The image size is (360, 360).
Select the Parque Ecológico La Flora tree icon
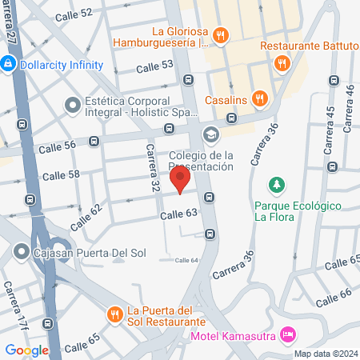[x=277, y=186]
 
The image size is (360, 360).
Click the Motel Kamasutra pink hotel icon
[x=290, y=334]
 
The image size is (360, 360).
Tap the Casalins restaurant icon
[x=259, y=98]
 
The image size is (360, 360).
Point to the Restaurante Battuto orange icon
[x=281, y=62]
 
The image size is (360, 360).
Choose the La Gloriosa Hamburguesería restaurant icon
[x=222, y=34]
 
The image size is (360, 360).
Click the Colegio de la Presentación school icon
[x=211, y=134]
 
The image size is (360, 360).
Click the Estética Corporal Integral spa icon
[x=73, y=104]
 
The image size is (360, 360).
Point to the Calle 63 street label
[x=178, y=214]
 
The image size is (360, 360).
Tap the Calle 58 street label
[x=61, y=174]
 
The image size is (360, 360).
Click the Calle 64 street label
[x=186, y=260]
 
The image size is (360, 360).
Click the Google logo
[x=26, y=350]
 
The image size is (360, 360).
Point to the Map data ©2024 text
[x=325, y=354]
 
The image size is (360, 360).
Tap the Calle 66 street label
[x=334, y=298]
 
